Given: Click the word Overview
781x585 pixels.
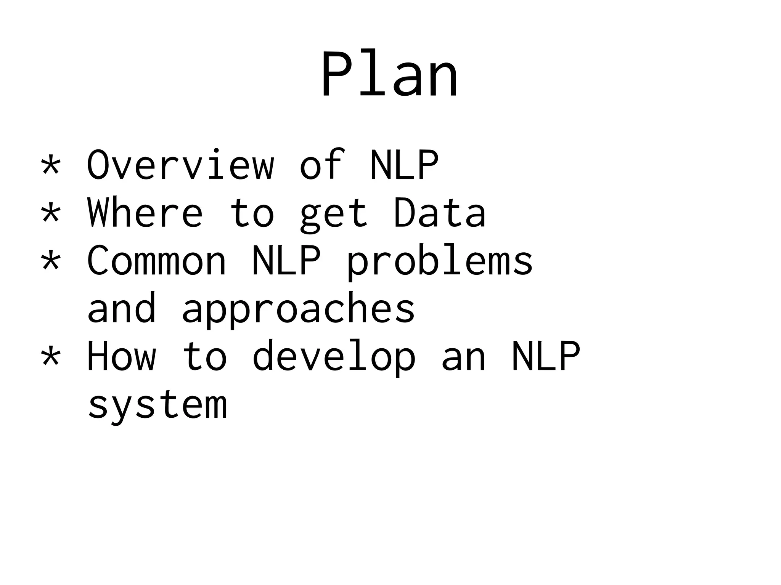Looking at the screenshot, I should pos(180,165).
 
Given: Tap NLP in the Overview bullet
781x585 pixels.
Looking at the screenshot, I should pos(404,165).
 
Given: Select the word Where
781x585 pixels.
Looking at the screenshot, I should pos(145,212).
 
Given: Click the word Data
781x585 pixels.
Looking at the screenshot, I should pos(439,212).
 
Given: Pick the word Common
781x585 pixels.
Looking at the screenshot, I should pos(157,260).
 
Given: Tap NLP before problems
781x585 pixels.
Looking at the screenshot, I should pos(286,260).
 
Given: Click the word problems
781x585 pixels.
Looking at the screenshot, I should pos(439,262).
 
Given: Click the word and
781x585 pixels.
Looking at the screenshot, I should pos(122,308).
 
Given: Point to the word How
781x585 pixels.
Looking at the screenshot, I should pos(122,356).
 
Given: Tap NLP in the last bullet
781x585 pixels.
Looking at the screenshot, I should pos(546,356).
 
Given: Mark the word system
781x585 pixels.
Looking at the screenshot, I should pos(157,405).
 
